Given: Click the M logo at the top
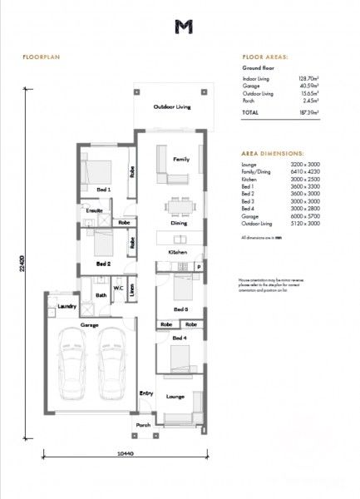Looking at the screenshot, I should pyautogui.click(x=183, y=27).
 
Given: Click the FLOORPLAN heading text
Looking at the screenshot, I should pyautogui.click(x=39, y=60).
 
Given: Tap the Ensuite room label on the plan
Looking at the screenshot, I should pyautogui.click(x=94, y=211).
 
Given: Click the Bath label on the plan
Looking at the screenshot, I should pyautogui.click(x=100, y=294).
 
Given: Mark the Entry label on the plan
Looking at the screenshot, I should pyautogui.click(x=146, y=393).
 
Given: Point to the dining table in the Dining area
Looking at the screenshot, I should pyautogui.click(x=179, y=205).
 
